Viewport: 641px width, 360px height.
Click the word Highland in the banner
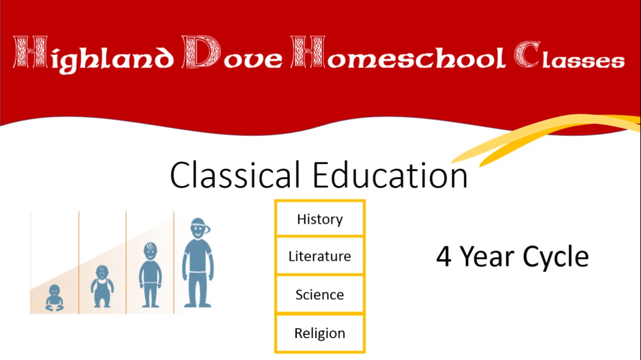pyautogui.click(x=94, y=55)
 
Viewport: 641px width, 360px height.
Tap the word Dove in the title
pyautogui.click(x=232, y=52)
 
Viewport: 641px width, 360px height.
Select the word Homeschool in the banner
pyautogui.click(x=398, y=52)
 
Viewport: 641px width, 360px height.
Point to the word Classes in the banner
pyautogui.click(x=569, y=55)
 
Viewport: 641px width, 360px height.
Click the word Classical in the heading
pyautogui.click(x=235, y=175)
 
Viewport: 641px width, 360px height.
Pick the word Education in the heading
pyautogui.click(x=390, y=175)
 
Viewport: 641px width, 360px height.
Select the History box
pyautogui.click(x=320, y=219)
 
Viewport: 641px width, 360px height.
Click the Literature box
pyautogui.click(x=320, y=256)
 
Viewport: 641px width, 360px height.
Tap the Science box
pyautogui.click(x=320, y=295)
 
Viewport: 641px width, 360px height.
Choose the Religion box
pyautogui.click(x=320, y=333)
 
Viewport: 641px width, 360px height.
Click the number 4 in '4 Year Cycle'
pyautogui.click(x=444, y=256)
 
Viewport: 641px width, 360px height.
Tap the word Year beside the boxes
pyautogui.click(x=488, y=256)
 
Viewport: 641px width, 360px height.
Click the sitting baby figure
pyautogui.click(x=55, y=298)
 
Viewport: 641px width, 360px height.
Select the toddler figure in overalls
pyautogui.click(x=102, y=286)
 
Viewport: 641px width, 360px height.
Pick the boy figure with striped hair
pyautogui.click(x=150, y=275)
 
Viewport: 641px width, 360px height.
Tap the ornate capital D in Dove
pyautogui.click(x=201, y=52)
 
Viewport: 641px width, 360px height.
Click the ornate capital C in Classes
pyautogui.click(x=527, y=55)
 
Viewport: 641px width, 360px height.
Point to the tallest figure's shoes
pyautogui.click(x=198, y=304)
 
